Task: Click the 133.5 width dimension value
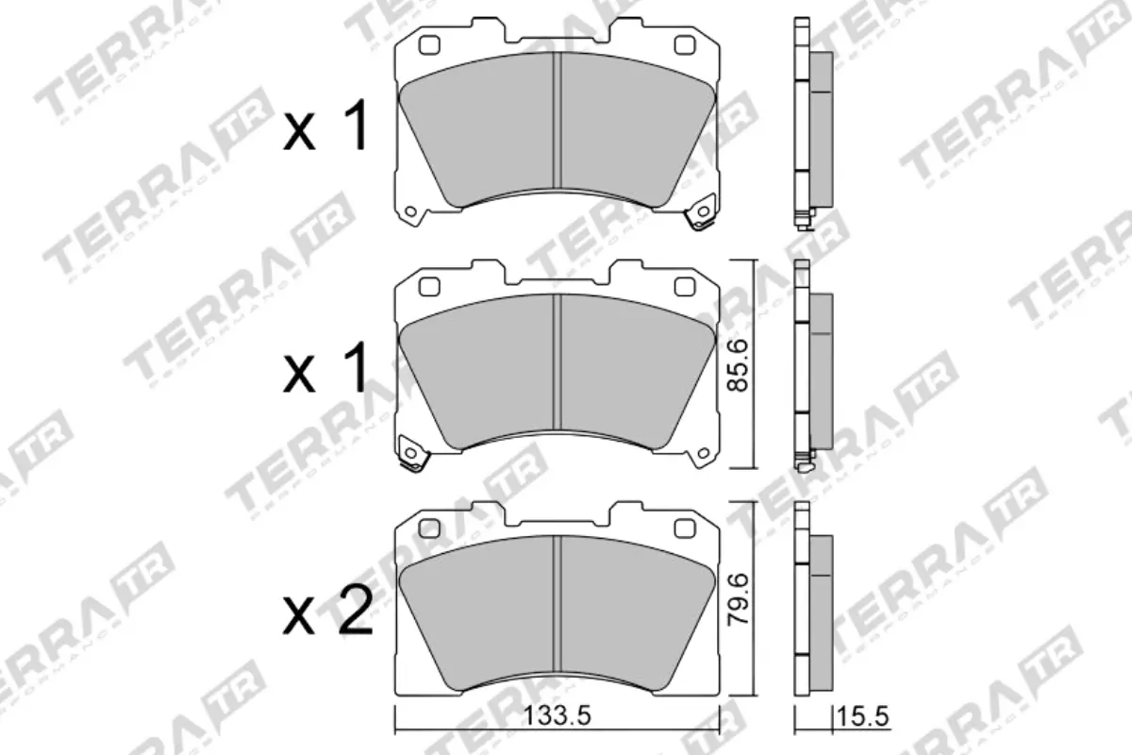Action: [557, 717]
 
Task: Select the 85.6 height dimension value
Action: [741, 365]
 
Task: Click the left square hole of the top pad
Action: [429, 45]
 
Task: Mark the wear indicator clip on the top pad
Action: [700, 216]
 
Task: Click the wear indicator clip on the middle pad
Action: [412, 452]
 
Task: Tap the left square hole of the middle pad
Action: [429, 286]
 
